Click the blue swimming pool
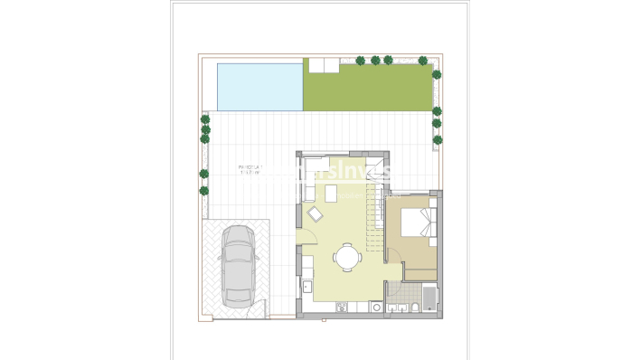[x=259, y=86]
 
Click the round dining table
[x=346, y=257]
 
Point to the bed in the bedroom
[x=419, y=222]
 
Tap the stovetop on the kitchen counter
[x=342, y=308]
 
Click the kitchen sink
[x=306, y=287]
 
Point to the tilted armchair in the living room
[x=315, y=214]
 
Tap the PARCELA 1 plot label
[x=249, y=167]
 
